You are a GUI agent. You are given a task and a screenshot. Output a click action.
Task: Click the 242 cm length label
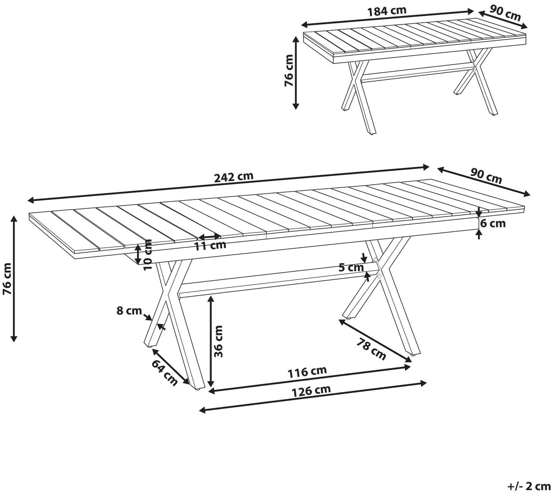click(x=234, y=177)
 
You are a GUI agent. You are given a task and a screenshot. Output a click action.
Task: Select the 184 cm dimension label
click(x=387, y=11)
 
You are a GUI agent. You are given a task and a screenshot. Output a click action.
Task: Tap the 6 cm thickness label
click(x=493, y=223)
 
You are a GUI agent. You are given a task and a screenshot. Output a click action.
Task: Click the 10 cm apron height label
click(x=147, y=255)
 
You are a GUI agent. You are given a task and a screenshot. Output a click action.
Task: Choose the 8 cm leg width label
click(x=129, y=310)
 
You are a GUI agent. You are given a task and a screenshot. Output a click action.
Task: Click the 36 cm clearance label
click(x=218, y=341)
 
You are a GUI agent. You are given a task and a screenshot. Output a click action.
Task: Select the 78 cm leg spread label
click(x=372, y=349)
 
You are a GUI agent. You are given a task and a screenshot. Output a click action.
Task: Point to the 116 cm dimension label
click(x=308, y=372)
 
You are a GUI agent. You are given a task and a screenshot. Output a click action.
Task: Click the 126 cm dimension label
click(x=311, y=391)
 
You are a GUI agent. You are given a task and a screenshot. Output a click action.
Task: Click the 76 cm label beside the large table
click(x=7, y=279)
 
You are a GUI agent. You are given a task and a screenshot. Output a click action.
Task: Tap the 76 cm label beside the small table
click(x=289, y=71)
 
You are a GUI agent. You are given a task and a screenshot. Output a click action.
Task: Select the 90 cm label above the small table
click(x=505, y=13)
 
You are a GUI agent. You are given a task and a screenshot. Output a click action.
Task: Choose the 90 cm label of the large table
click(x=486, y=176)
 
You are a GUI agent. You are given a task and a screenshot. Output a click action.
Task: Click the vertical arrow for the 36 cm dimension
click(x=210, y=341)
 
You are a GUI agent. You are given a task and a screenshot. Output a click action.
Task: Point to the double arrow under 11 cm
click(x=209, y=237)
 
